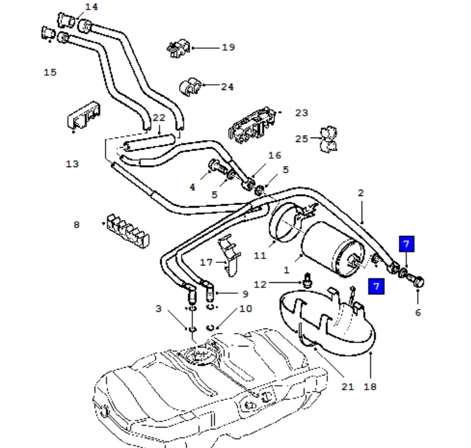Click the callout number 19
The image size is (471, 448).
pos(228,47)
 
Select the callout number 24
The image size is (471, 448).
pos(227,87)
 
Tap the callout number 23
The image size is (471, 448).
pos(301,112)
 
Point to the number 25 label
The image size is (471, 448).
pos(301,139)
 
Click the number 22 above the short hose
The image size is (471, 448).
pos(159,118)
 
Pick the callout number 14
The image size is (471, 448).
pos(92,6)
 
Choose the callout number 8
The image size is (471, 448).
pos(76,224)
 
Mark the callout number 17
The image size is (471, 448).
pos(206,262)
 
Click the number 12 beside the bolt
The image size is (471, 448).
pos(260,284)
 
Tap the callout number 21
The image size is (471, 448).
pos(348,386)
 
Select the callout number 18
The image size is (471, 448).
pos(370,386)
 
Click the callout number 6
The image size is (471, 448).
pos(418,312)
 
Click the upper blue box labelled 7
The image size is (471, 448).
pos(407,244)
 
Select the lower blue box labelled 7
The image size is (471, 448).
pos(377,287)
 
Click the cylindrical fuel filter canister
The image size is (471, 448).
pos(332,249)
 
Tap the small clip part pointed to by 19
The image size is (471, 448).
pos(179,48)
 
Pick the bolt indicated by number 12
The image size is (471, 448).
pos(307,280)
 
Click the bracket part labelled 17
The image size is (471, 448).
pos(229,256)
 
